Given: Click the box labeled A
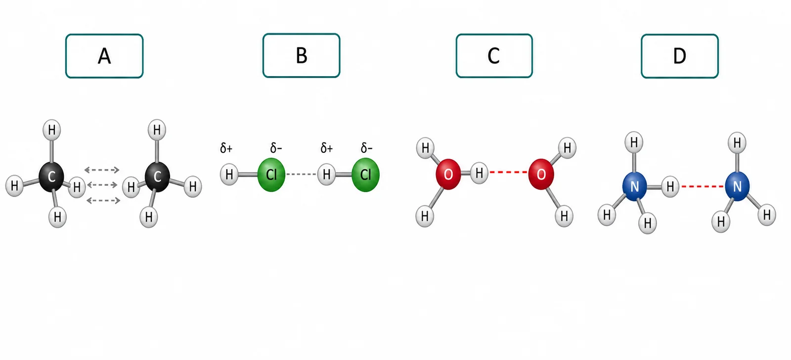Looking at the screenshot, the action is click(104, 56).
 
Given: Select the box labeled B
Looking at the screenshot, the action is click(301, 55).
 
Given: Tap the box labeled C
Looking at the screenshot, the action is click(494, 56).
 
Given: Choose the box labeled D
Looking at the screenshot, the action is click(679, 56).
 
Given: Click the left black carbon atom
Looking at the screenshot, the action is click(51, 177).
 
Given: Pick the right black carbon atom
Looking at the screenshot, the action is click(157, 177).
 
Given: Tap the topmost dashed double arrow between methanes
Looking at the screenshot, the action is click(102, 170).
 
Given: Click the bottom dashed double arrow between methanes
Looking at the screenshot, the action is click(103, 201).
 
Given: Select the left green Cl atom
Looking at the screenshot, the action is click(271, 175).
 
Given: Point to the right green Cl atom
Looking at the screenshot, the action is click(365, 175).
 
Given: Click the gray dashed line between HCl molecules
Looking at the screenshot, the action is click(301, 174).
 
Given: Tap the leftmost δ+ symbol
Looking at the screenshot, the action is click(226, 148).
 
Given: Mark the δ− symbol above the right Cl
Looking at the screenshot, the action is click(366, 148).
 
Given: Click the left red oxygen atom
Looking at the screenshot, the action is click(448, 174).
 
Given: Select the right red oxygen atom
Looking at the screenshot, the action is click(541, 174).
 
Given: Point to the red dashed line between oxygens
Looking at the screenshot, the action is click(508, 172).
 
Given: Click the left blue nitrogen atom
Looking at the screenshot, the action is click(635, 186).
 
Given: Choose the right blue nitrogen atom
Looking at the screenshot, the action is click(737, 186).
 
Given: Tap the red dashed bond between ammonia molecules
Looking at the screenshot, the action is click(702, 186).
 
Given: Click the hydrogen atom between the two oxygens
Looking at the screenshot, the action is click(479, 173).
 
